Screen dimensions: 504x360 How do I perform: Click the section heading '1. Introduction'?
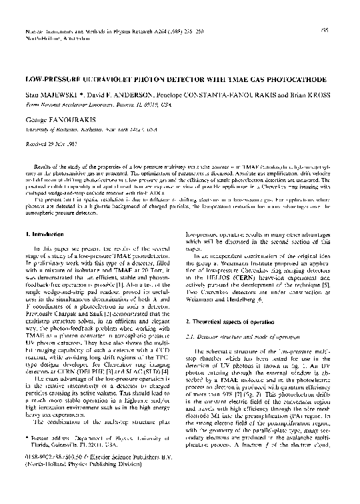click(x=46, y=216)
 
